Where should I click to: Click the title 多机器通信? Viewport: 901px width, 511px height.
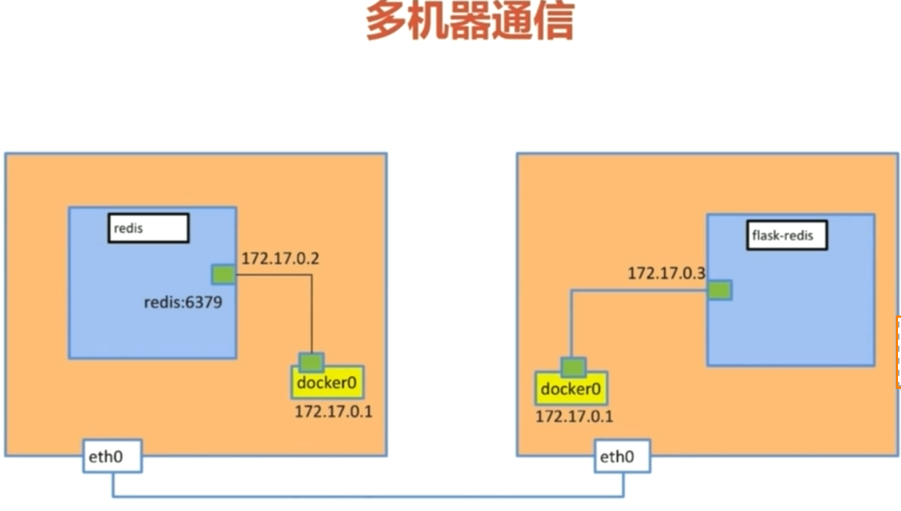click(469, 20)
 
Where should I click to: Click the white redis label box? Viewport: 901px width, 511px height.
click(148, 228)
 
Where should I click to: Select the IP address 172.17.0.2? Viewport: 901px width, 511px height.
click(280, 259)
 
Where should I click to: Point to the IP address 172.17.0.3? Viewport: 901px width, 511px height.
click(666, 273)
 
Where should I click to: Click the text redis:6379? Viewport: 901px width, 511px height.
click(183, 303)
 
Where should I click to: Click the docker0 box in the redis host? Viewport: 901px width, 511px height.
click(326, 383)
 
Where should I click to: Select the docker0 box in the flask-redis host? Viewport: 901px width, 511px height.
click(571, 389)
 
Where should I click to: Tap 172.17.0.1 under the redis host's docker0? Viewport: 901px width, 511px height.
click(334, 412)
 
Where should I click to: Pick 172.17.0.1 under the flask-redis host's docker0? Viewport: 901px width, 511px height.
click(574, 416)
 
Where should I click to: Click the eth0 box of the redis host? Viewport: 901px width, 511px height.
click(111, 458)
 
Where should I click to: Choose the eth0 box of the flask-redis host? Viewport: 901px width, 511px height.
click(623, 457)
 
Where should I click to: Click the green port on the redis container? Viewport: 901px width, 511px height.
click(223, 275)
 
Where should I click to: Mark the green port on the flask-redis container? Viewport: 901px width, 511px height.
click(719, 290)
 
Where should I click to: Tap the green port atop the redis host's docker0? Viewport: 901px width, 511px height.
click(311, 362)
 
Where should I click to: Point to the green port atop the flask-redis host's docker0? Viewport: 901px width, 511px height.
click(573, 368)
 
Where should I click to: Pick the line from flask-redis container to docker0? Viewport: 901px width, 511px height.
click(572, 325)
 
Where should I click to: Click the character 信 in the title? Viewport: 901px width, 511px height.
click(554, 20)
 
